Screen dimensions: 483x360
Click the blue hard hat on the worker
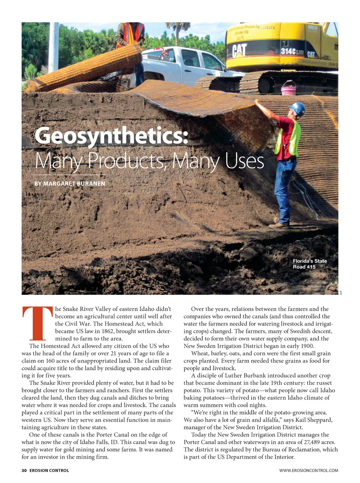pos(297,108)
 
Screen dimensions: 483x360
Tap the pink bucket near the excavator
pos(288,88)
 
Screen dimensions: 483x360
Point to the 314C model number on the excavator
pos(288,51)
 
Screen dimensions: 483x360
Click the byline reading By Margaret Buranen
pos(70,183)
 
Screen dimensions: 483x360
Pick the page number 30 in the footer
pos(24,470)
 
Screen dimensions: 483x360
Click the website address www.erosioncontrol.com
pos(309,470)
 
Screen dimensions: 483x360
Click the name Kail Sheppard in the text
pos(314,420)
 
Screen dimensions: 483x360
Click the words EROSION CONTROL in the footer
pos(49,470)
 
